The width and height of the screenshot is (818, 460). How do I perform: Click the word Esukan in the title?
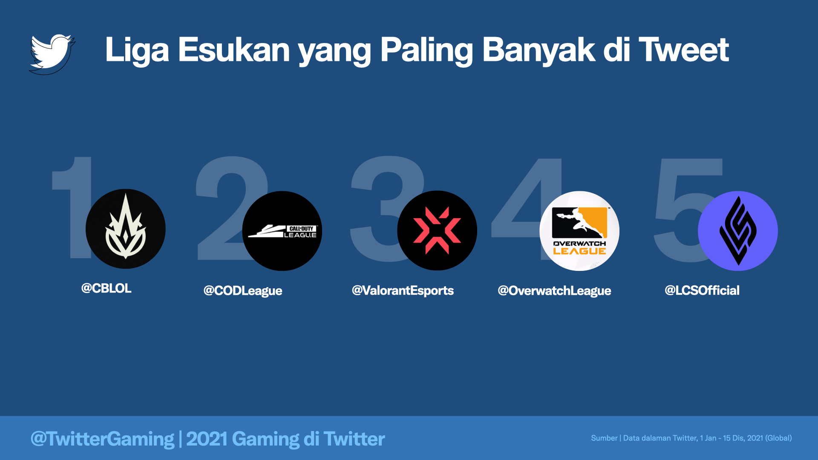(x=234, y=50)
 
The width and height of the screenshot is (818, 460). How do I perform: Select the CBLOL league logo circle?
(x=126, y=229)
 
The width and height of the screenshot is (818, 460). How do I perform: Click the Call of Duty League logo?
(x=282, y=231)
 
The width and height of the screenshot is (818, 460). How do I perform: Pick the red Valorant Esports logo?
(x=437, y=230)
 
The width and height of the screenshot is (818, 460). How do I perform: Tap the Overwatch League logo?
(x=579, y=231)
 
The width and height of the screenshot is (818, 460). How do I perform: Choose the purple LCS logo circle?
(x=738, y=231)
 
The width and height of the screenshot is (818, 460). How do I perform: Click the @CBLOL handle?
(x=106, y=288)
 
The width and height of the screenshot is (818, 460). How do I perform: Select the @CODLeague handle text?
(x=243, y=291)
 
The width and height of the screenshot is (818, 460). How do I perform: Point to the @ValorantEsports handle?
(x=403, y=290)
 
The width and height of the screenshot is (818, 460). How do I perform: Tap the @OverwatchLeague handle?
(x=554, y=291)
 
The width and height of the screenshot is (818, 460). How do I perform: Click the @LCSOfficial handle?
(x=702, y=290)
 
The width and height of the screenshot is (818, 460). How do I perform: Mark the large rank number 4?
(x=527, y=209)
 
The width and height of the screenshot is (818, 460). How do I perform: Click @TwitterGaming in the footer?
(x=102, y=439)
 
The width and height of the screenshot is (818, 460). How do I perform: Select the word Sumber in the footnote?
(x=604, y=438)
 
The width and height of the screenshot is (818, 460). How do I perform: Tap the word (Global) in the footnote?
(x=778, y=438)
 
